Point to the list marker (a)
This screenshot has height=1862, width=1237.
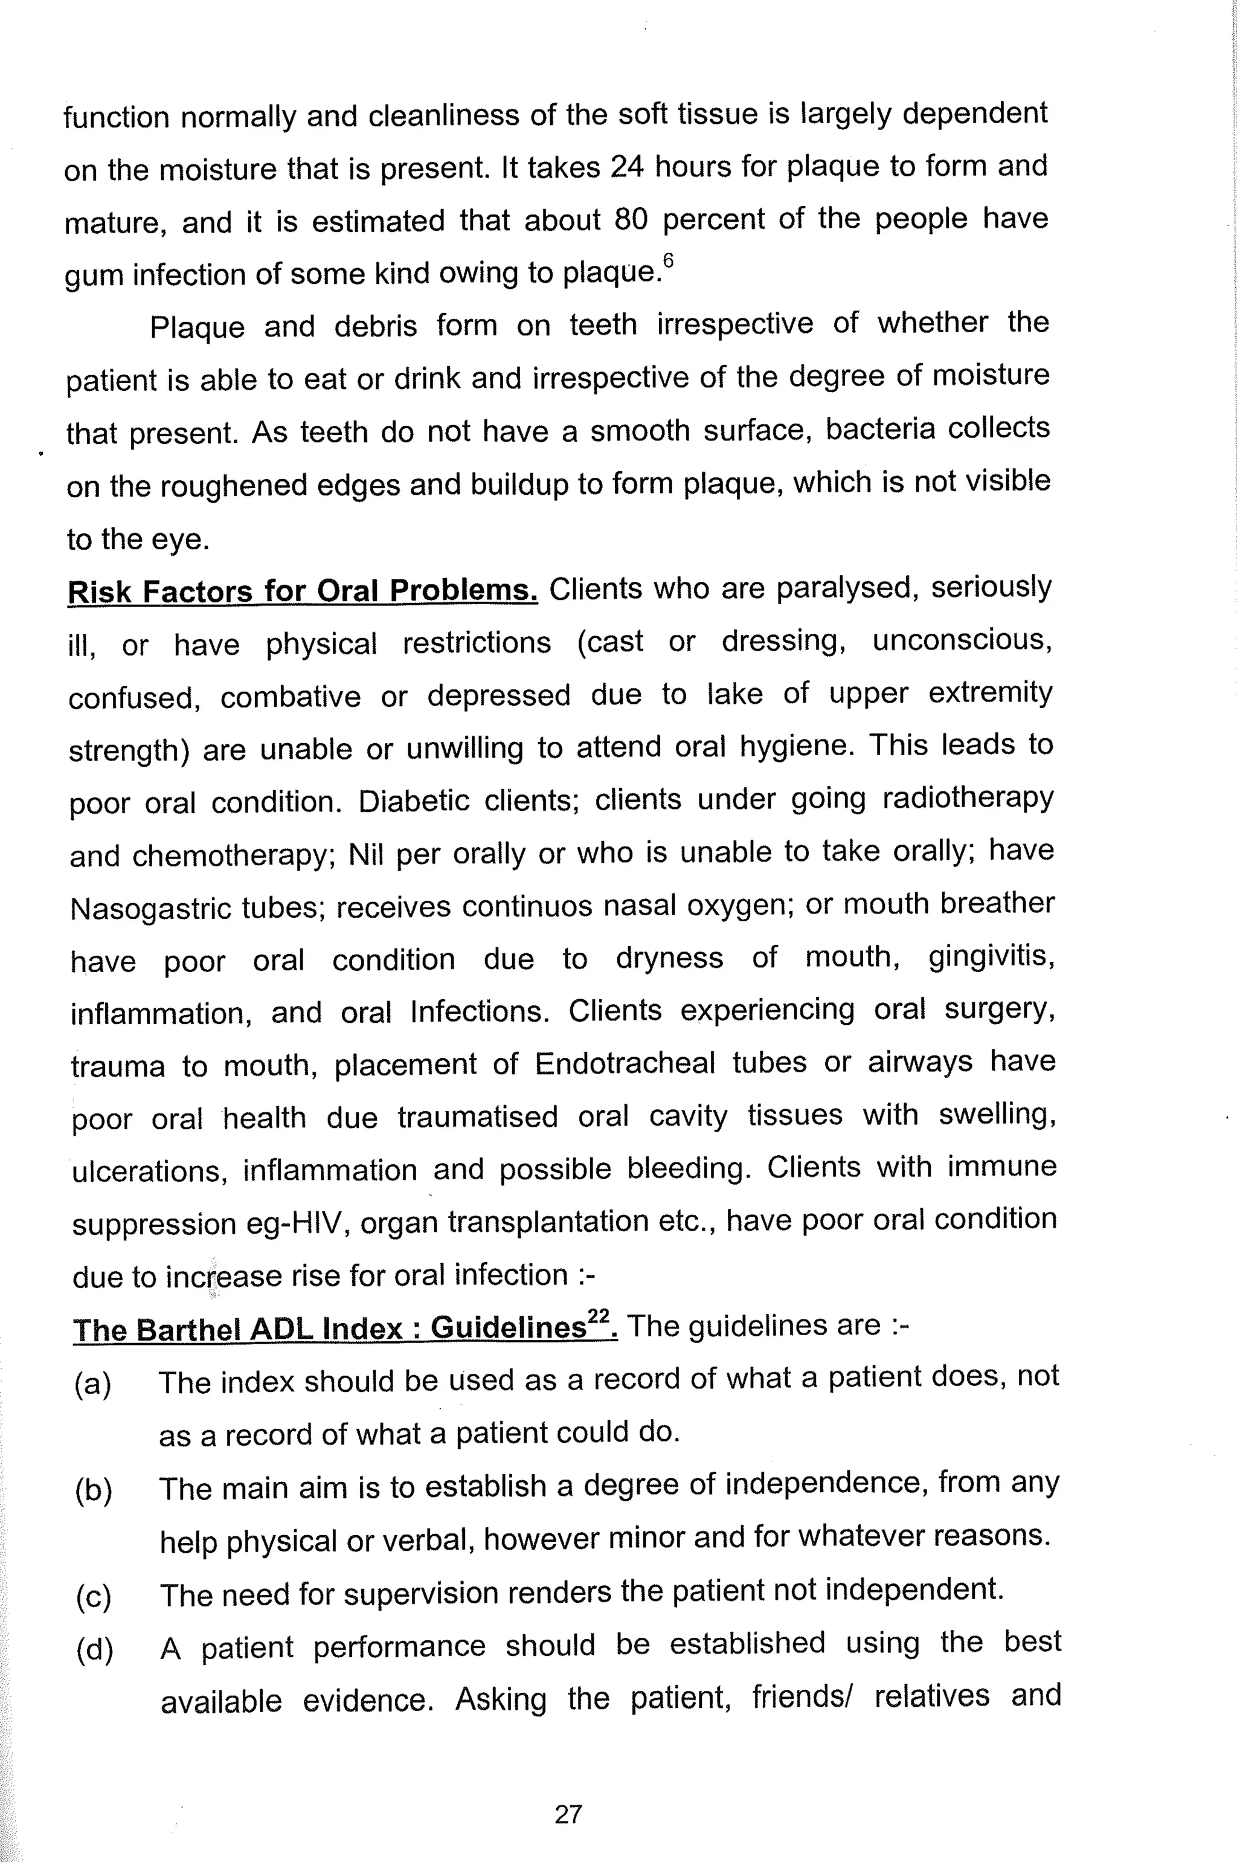pos(93,1385)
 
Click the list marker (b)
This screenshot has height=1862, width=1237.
pos(94,1491)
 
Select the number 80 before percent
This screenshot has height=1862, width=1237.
pos(631,220)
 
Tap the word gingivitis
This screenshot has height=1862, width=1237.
pos(991,957)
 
